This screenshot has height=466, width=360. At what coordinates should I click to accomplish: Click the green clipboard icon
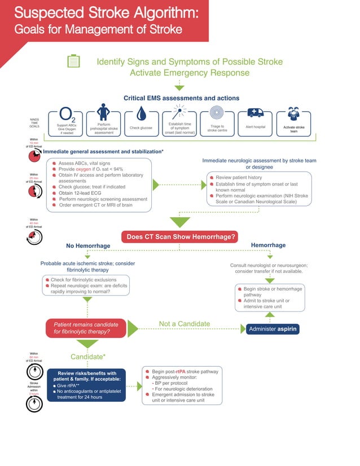click(73, 61)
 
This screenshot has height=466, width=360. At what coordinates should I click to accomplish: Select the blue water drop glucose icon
click(142, 115)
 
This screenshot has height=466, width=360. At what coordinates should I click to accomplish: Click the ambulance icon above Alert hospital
click(256, 113)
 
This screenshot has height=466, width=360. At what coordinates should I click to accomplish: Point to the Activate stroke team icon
click(293, 113)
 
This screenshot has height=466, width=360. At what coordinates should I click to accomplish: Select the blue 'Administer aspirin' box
click(272, 328)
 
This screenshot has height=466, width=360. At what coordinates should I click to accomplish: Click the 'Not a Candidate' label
click(185, 323)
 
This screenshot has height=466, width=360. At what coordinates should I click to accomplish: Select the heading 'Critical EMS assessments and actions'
click(181, 98)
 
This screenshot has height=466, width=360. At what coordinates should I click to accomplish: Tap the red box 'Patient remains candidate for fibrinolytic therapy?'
click(86, 328)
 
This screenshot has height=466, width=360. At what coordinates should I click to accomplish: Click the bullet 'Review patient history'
click(239, 177)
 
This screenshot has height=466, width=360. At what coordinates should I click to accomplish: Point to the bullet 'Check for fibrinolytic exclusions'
click(84, 280)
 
